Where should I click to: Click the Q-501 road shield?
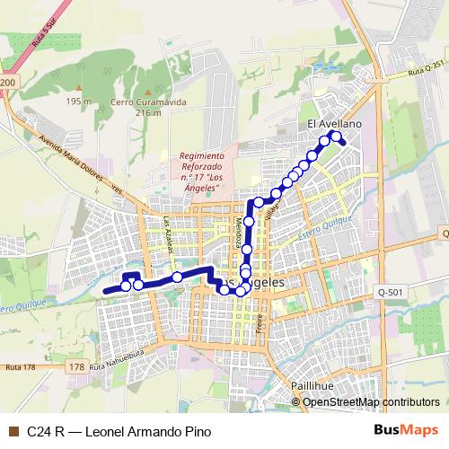click(x=392, y=292)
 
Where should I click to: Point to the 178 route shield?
click(x=77, y=367)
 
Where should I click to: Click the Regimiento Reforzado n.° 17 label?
click(x=207, y=171)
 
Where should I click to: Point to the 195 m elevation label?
click(x=79, y=101)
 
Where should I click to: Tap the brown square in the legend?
click(x=13, y=431)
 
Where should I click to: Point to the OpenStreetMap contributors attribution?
click(x=370, y=402)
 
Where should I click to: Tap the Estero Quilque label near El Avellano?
click(x=325, y=222)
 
